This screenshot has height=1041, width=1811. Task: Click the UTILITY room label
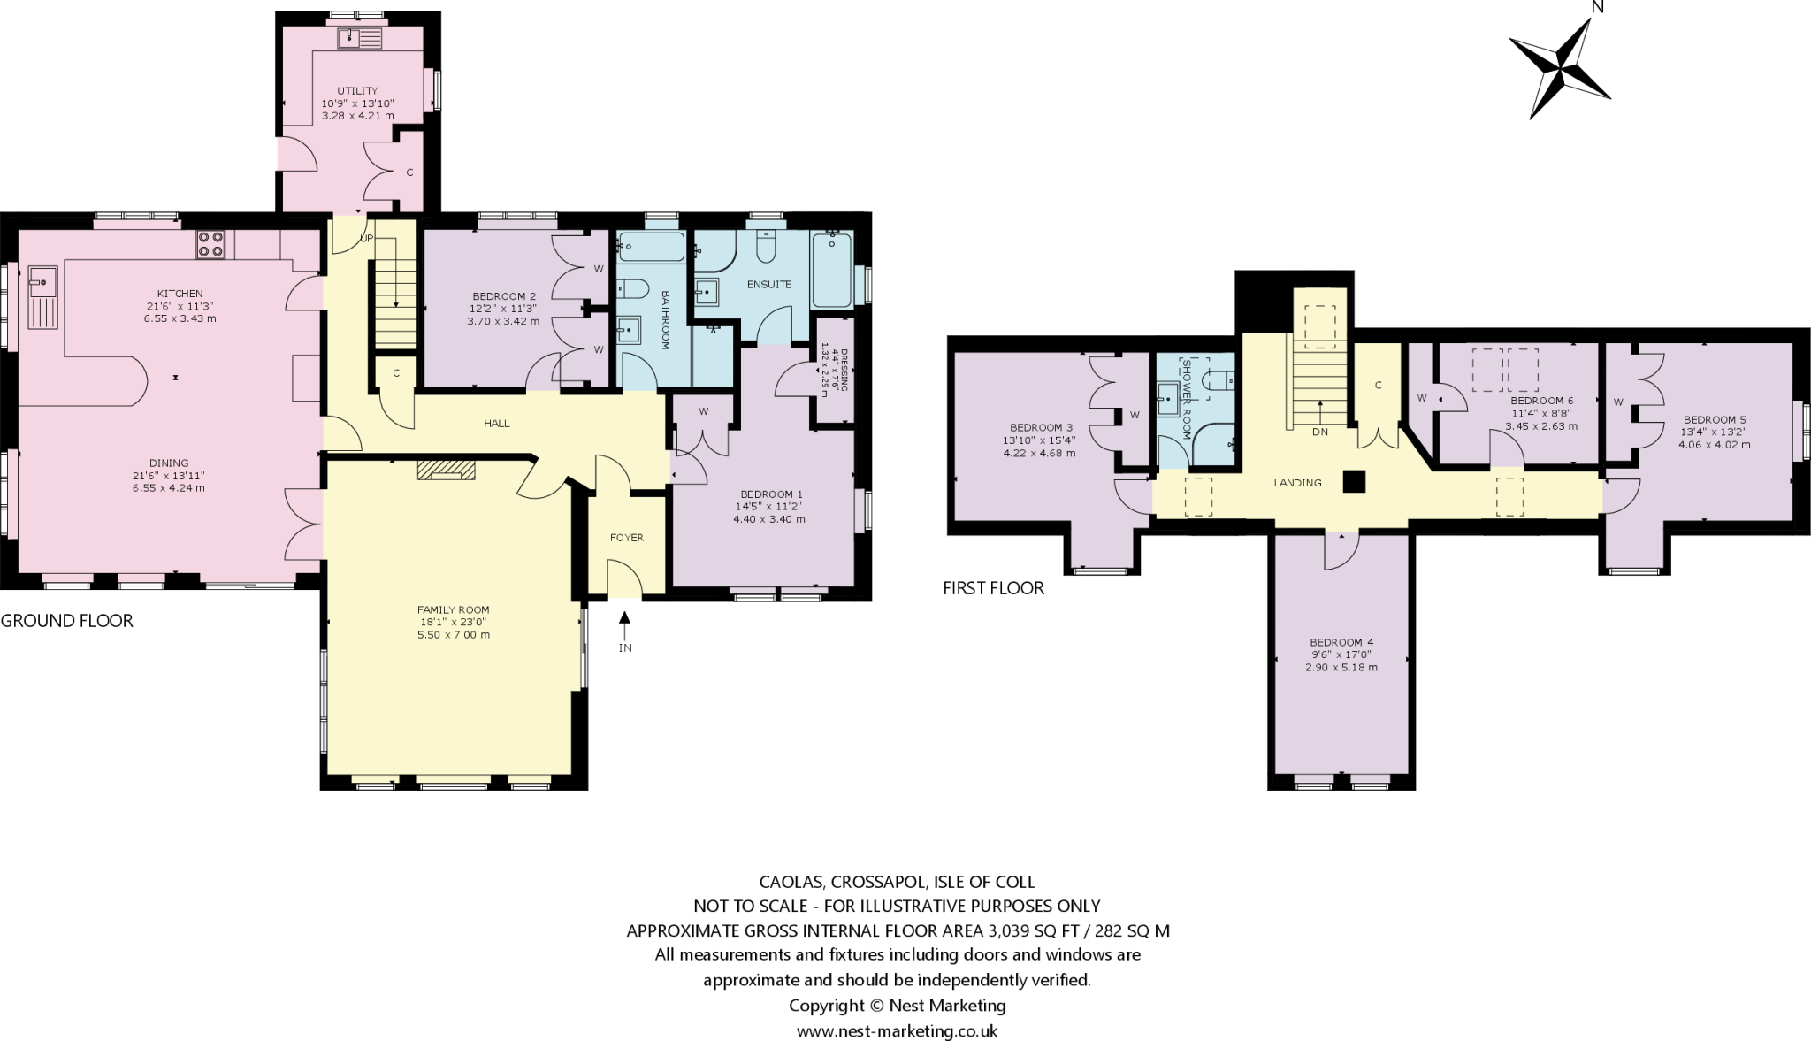pos(357,91)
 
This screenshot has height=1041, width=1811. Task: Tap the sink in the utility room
pos(359,38)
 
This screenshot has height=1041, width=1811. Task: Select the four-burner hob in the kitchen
pos(210,244)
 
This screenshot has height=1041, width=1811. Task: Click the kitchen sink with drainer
pos(42,297)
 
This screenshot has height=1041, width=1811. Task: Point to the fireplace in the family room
pos(446,470)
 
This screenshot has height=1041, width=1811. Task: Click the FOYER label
pos(627,538)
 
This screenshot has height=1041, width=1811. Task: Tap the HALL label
pos(497,424)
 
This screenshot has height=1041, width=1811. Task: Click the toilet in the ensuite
pos(767,247)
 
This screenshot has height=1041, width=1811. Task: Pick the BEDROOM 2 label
pos(504,296)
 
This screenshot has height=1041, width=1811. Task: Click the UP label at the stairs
pos(366,239)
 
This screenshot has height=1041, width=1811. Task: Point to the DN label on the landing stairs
pos(1320,432)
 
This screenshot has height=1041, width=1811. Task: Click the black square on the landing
pos(1354,481)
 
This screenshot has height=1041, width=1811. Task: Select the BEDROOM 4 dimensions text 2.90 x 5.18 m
pos(1341,668)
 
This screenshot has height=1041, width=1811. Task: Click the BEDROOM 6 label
pos(1542,401)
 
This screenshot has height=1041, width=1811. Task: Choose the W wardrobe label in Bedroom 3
pos(1135,415)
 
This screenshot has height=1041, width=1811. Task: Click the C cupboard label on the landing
pos(1379,386)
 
